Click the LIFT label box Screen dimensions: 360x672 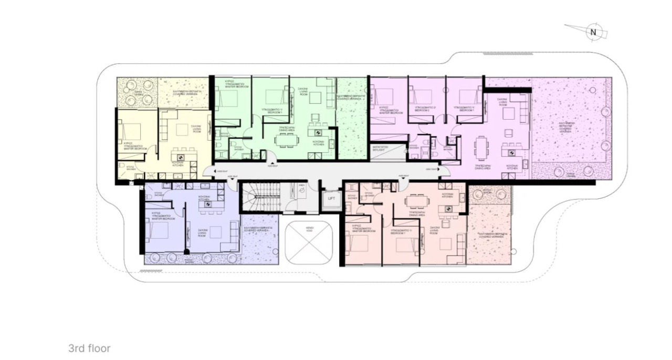click(331, 199)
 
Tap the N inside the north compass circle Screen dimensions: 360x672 click(593, 31)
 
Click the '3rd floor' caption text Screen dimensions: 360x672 click(89, 348)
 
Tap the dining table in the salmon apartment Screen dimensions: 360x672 click(416, 201)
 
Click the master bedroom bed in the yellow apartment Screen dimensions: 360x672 click(131, 130)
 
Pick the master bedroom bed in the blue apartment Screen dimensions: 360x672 click(157, 230)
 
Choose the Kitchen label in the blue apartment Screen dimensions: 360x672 click(205, 198)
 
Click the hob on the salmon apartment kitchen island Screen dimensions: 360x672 click(448, 209)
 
